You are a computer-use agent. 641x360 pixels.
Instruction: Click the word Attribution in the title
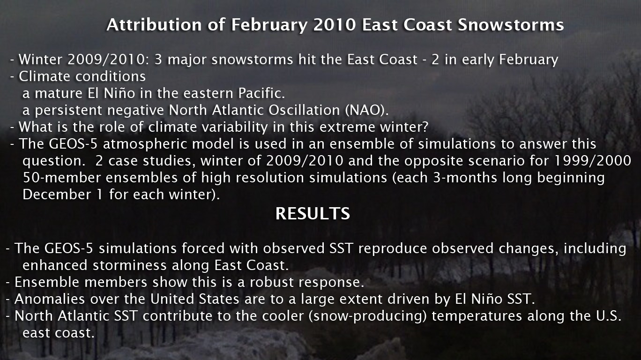(x=154, y=25)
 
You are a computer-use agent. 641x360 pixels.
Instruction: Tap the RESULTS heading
(x=313, y=213)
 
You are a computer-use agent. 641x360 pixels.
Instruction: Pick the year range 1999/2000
(x=593, y=161)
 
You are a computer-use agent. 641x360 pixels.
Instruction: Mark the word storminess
(x=130, y=266)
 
